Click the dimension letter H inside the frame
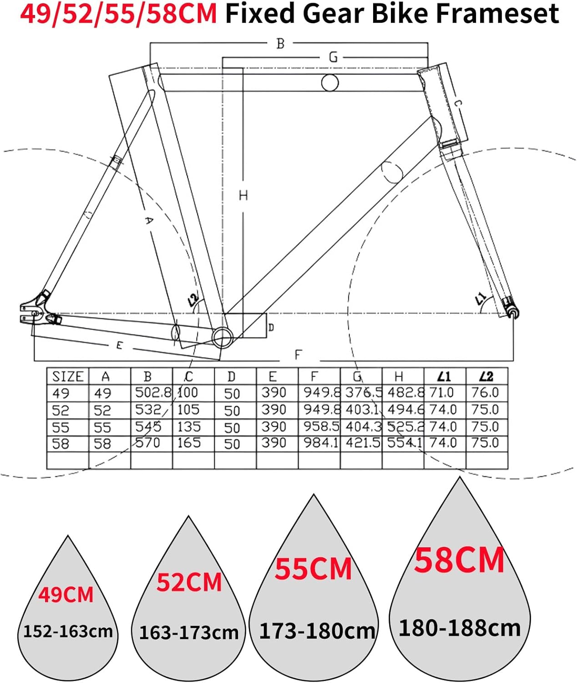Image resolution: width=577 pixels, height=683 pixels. pos(243,195)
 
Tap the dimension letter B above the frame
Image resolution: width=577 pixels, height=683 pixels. pos(280,44)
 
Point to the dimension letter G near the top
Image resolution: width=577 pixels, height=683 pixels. pos(333,57)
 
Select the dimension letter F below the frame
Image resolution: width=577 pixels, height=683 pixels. pos(298,354)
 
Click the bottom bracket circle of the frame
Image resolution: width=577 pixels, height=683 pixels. pos(223,337)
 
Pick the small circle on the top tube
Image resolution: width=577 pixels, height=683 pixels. pos(330,83)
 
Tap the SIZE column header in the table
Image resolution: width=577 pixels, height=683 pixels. pos(68,377)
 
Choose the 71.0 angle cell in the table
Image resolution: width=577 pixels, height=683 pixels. pos(443,392)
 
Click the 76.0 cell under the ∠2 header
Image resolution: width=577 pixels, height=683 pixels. pos(485,392)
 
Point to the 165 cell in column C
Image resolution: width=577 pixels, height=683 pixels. pos(189,443)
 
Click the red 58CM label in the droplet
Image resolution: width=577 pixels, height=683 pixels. pos(459,560)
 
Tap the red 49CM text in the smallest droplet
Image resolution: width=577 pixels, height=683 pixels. pos(66,595)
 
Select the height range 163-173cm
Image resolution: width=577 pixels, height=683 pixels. pos(188,632)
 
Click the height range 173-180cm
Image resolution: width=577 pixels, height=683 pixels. pos(317,631)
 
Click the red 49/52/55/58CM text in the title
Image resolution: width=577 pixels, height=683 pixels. pos(119,14)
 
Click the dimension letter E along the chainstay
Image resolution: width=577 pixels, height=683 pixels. pos(119,346)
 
